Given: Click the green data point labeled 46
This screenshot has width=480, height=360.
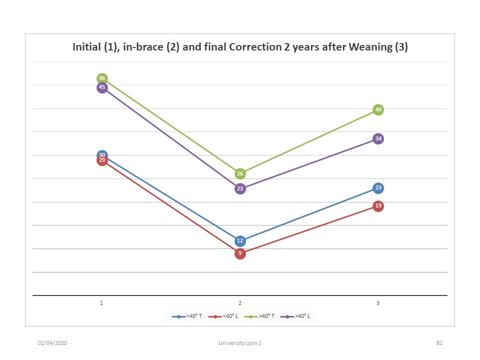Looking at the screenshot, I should pyautogui.click(x=102, y=78).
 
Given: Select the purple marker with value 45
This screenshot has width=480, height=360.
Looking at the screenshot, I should pyautogui.click(x=102, y=88).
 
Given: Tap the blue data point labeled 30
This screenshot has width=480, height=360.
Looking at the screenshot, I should pyautogui.click(x=102, y=155).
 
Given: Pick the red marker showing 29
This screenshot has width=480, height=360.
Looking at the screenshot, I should pyautogui.click(x=102, y=160).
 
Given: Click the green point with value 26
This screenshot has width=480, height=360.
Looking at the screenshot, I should pyautogui.click(x=240, y=174).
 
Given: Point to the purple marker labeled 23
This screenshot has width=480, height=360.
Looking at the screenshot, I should pyautogui.click(x=240, y=189).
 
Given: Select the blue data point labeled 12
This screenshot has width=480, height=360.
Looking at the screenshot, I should pyautogui.click(x=240, y=241).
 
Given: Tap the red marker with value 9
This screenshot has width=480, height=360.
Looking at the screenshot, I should pyautogui.click(x=240, y=253).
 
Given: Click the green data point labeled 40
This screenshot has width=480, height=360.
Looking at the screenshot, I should pyautogui.click(x=378, y=110).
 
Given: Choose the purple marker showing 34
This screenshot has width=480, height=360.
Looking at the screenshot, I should pyautogui.click(x=378, y=138).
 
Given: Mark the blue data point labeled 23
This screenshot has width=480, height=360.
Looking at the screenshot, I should pyautogui.click(x=378, y=188).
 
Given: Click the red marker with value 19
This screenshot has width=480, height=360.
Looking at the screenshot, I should pyautogui.click(x=378, y=206).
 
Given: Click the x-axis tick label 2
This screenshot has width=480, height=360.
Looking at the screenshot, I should pyautogui.click(x=240, y=303).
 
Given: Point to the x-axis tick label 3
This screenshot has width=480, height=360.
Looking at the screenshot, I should pyautogui.click(x=378, y=303).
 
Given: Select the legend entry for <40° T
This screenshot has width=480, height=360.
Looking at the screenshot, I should pyautogui.click(x=187, y=316).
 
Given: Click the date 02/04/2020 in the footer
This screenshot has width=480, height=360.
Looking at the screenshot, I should pyautogui.click(x=52, y=343).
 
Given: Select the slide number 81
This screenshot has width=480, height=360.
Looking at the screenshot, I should pyautogui.click(x=439, y=343).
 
